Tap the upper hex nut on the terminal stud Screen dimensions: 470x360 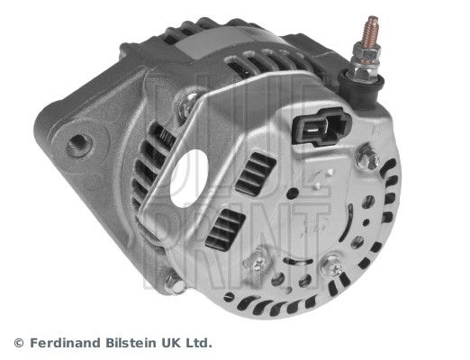tap(366, 53)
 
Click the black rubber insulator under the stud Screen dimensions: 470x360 tap(361, 87)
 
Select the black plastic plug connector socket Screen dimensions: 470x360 tap(321, 127)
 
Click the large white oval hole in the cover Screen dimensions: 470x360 tap(189, 179)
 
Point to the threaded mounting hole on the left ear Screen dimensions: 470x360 tap(78, 145)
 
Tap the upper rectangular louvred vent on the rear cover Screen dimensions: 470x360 tap(256, 174)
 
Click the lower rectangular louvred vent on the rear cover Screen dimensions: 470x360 tap(225, 229)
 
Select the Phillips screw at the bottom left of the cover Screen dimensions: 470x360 tap(256, 264)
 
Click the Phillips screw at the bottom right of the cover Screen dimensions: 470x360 tap(332, 266)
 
